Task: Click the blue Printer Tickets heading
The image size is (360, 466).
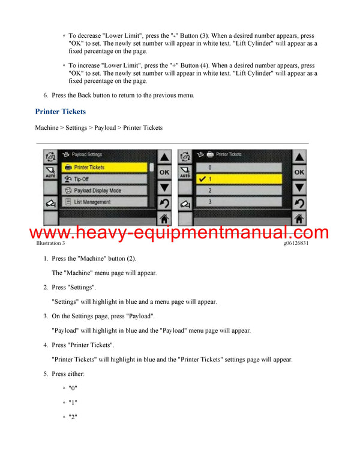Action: point(60,112)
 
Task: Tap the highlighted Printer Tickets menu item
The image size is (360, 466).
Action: point(104,167)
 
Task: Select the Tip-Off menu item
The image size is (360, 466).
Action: point(104,178)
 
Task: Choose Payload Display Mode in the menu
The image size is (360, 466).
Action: point(104,190)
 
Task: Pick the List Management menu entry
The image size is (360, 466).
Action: point(104,202)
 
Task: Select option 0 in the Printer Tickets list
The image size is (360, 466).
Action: point(239,167)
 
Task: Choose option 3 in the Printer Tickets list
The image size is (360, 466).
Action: point(239,202)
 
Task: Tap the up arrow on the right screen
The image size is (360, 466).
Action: point(299,157)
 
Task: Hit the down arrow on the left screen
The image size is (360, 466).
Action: point(164,187)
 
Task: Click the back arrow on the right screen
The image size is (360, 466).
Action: point(299,203)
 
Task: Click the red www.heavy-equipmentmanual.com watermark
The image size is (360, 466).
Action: point(179,232)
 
